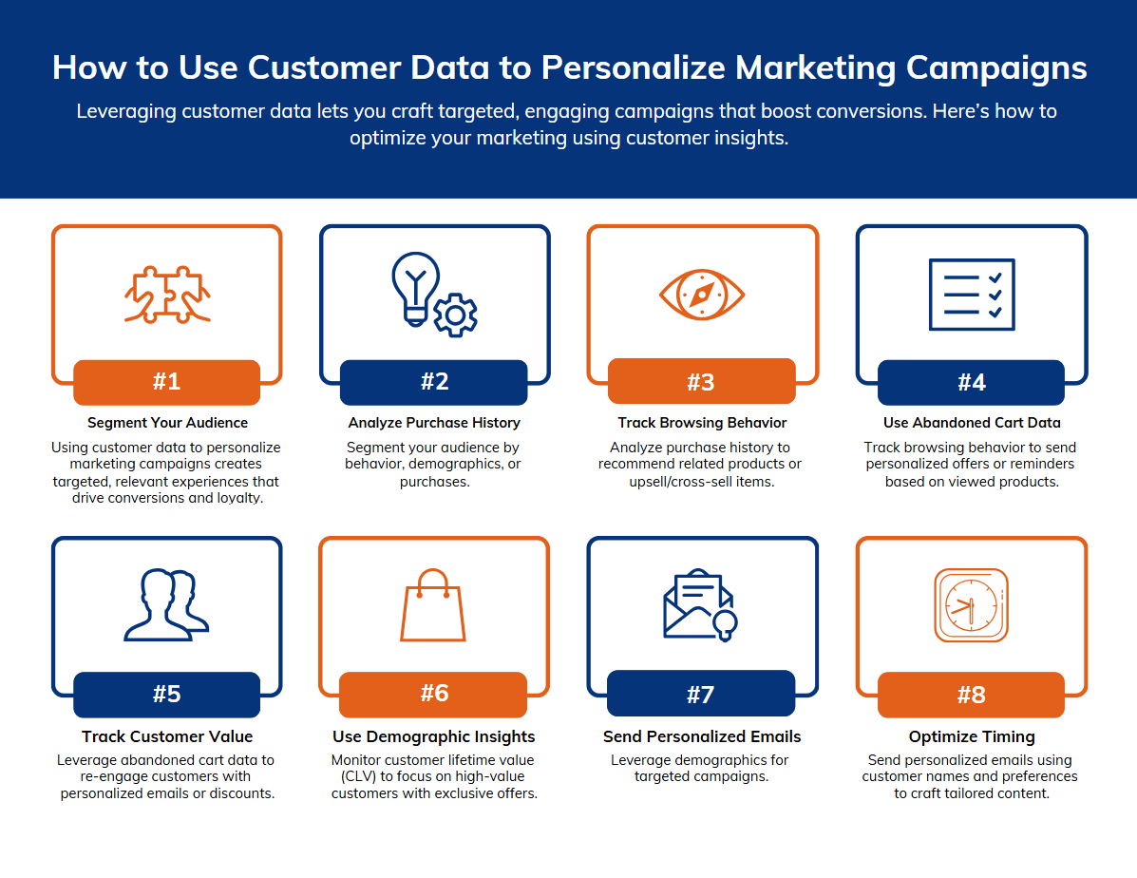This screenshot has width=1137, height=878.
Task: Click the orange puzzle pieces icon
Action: coord(167,295)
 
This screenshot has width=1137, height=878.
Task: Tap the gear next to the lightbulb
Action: coord(455,315)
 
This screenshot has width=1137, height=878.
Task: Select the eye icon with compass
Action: coord(702,295)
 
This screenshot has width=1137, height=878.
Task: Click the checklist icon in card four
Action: coord(972,295)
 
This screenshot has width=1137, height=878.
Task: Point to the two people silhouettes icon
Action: coord(167,605)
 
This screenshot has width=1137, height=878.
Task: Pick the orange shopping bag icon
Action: coord(433,605)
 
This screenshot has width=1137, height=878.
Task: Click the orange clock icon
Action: coord(971,605)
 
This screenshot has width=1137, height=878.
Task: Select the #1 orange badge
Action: coord(167,382)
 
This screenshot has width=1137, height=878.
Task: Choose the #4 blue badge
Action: coord(971,382)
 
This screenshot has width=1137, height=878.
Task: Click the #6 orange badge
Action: coord(434,694)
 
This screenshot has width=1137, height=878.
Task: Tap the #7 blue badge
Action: coord(701,694)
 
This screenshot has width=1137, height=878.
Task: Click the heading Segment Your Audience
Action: coord(167,423)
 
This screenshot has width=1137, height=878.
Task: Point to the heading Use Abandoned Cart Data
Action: coord(972,423)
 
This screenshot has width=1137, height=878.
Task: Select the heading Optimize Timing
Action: coord(972,736)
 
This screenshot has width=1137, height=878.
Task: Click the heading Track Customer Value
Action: coord(167,736)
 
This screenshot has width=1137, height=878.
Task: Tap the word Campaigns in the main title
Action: coord(996,69)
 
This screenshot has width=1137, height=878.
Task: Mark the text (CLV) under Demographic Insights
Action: coord(357,776)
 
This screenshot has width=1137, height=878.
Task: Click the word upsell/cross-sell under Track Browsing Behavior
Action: coord(670,482)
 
